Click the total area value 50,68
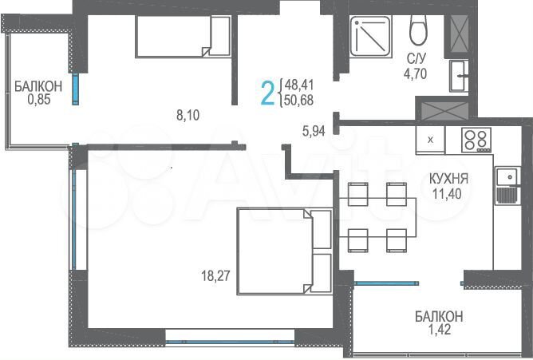[298, 99]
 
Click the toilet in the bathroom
[417, 30]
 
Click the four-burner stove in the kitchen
[476, 139]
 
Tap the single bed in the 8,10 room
[182, 38]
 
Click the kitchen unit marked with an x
[431, 140]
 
